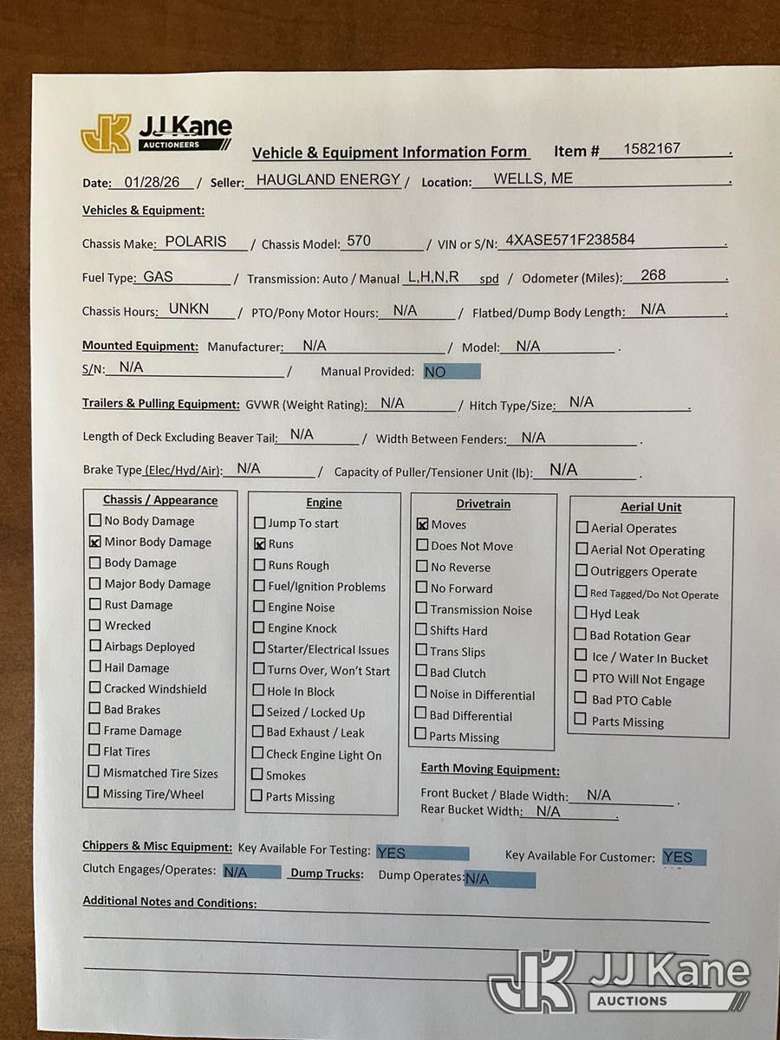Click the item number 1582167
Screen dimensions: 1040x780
[652, 148]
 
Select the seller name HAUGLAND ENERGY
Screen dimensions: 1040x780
[328, 179]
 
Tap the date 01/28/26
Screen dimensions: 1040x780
[153, 182]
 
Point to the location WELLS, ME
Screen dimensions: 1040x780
[533, 179]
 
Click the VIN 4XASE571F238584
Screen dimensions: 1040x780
[570, 240]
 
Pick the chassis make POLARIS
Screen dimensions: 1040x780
[195, 242]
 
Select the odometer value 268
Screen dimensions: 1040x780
[653, 275]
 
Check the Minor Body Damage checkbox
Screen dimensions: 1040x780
[95, 542]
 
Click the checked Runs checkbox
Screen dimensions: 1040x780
[259, 544]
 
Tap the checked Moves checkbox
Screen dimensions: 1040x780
[422, 524]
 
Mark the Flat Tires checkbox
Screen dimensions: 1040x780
[94, 751]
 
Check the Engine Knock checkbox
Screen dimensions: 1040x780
[259, 627]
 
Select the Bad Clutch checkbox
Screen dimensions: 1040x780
[421, 672]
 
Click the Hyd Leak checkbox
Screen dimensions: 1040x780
[582, 613]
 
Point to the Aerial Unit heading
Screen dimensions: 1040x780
[651, 507]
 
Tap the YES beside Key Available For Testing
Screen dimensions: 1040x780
[392, 853]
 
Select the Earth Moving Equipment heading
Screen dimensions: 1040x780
[490, 770]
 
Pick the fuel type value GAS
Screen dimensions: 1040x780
[159, 276]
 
